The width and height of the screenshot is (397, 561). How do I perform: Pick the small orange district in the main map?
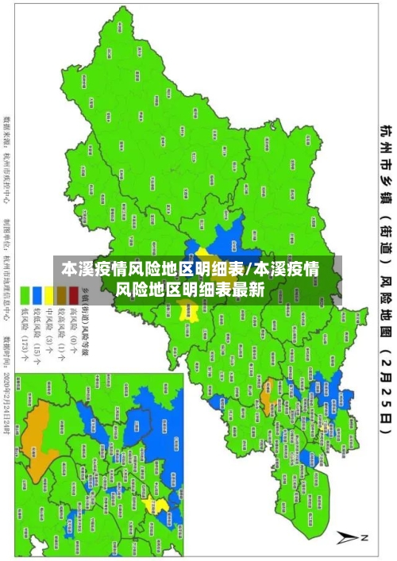click(x=268, y=367)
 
